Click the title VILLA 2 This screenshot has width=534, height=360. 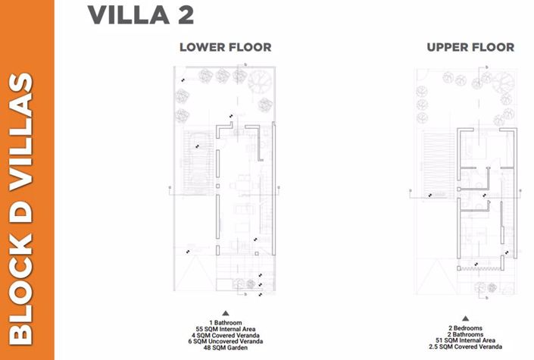point(140,14)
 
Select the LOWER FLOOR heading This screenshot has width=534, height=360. point(225,47)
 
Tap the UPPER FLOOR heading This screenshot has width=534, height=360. point(470,47)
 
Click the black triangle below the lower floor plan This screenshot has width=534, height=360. point(225,313)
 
